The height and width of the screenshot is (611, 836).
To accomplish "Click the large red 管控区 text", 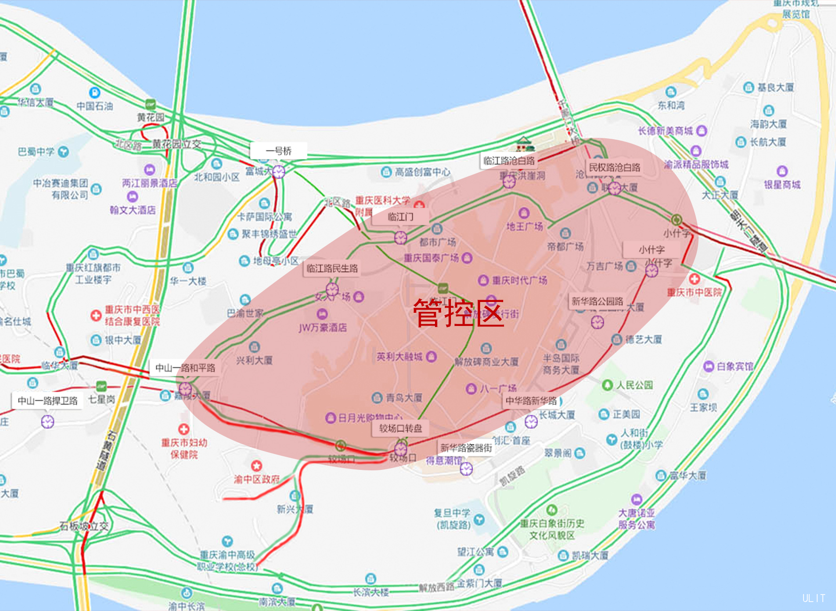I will [458, 313].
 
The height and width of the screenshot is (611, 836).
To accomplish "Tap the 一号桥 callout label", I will [279, 151].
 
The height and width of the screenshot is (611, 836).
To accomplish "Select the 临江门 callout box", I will [401, 217].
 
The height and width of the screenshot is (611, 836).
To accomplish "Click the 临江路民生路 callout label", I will [332, 269].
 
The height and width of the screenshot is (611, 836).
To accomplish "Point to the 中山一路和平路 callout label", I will [185, 368].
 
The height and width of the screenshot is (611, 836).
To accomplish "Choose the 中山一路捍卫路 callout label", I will [48, 401].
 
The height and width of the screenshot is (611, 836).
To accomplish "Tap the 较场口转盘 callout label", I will [401, 428].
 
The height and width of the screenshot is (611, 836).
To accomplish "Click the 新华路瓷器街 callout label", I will [466, 448].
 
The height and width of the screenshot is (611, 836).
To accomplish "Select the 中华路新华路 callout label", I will [531, 401].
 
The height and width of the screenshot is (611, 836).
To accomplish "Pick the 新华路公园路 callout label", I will [597, 302].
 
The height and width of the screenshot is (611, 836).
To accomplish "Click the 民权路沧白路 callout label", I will [615, 167].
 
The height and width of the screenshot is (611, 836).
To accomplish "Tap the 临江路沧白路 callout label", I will [509, 161].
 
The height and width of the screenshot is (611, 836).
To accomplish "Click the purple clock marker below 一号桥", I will [279, 172].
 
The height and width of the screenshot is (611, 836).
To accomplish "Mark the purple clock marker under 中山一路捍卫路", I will [48, 421].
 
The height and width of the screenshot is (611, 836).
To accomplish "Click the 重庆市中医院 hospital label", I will [694, 292].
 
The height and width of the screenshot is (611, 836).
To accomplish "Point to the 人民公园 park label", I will [635, 385].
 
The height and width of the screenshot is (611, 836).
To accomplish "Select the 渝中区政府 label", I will [257, 479].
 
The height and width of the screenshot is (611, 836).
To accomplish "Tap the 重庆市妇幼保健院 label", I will [184, 448].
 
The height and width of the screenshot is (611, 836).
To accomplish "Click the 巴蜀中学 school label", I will [37, 152].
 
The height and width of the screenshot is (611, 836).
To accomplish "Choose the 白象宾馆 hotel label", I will [734, 366].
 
